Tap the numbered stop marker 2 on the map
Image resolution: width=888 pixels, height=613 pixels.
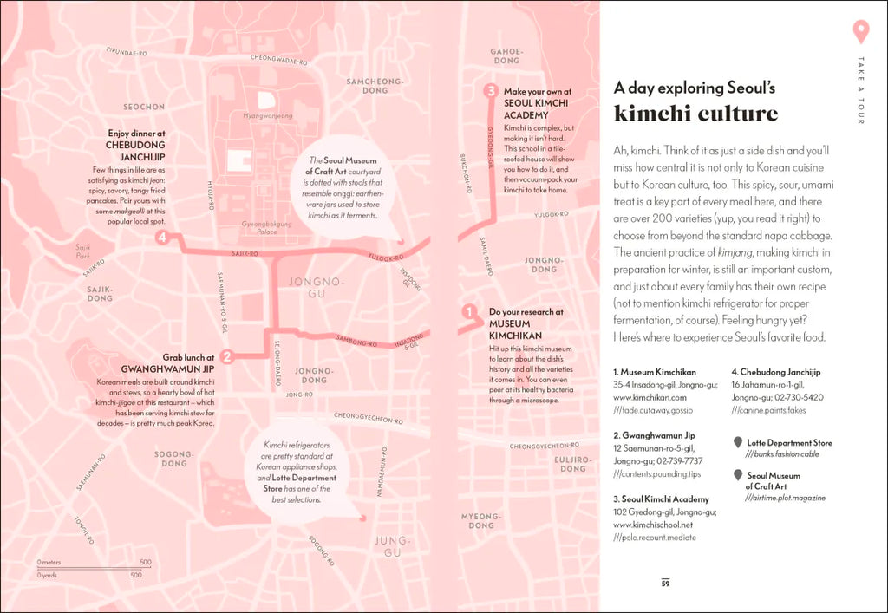point(227,356)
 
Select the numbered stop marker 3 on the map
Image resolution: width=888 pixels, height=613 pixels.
point(490,91)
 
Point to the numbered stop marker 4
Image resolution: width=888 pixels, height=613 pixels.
point(161,238)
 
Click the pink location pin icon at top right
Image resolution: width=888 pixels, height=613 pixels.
point(860,31)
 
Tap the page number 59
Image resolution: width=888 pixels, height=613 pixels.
point(665,584)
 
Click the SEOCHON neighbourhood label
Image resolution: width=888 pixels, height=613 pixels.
point(144,108)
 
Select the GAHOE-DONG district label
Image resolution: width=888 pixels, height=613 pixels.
point(506,55)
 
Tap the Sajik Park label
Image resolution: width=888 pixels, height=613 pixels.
point(83,251)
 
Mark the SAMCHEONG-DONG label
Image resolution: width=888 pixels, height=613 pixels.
point(375,86)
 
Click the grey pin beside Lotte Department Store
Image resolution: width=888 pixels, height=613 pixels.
point(738,442)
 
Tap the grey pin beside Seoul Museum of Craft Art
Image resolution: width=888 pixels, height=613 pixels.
point(738,475)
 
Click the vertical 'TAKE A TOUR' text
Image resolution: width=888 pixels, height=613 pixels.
point(860,90)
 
